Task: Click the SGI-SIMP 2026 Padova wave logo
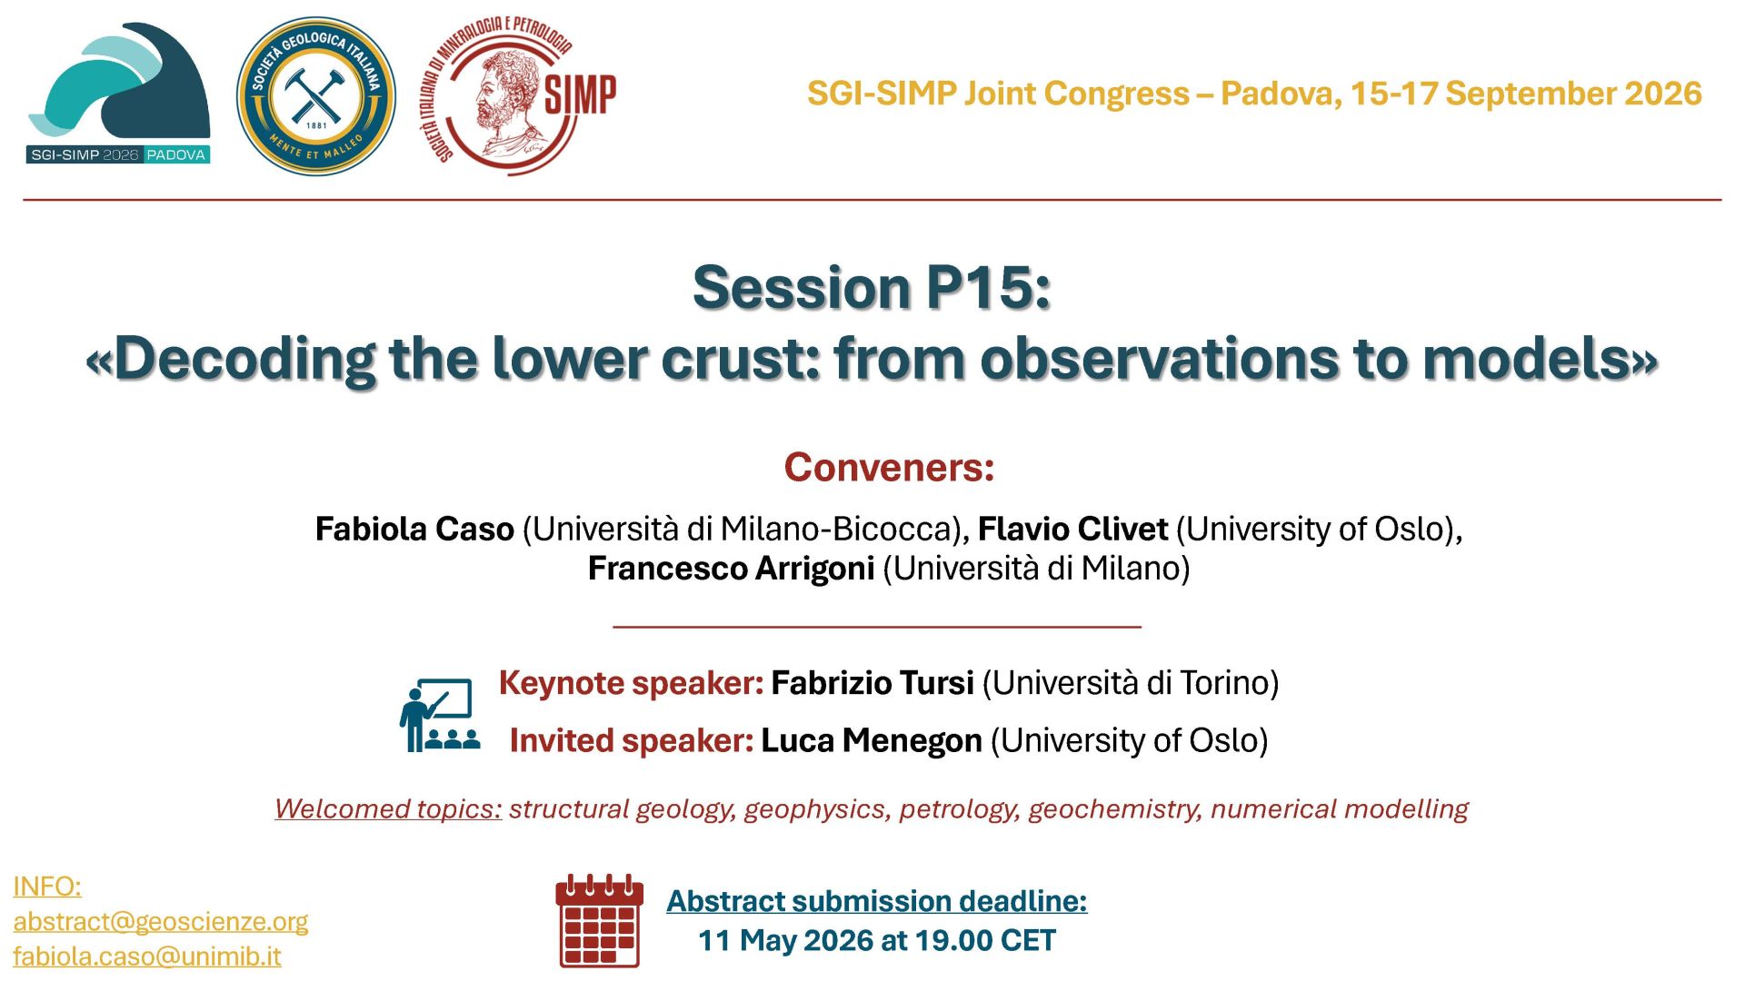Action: pos(118,93)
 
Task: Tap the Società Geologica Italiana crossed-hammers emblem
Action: pos(315,96)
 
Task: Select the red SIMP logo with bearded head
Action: pos(517,96)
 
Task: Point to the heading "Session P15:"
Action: pos(872,288)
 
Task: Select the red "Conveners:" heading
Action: pos(889,468)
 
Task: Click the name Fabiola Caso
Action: pos(414,529)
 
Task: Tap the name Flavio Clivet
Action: pos(1072,529)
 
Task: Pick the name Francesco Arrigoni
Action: pos(731,569)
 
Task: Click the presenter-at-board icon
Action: pos(440,715)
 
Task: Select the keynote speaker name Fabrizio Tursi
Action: pos(872,683)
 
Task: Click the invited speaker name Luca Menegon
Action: pos(872,741)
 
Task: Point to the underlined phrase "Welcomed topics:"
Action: pos(388,808)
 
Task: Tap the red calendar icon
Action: pos(600,921)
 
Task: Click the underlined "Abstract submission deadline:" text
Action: pos(877,901)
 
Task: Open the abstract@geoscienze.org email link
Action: pos(161,922)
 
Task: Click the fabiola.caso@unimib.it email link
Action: pos(147,956)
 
